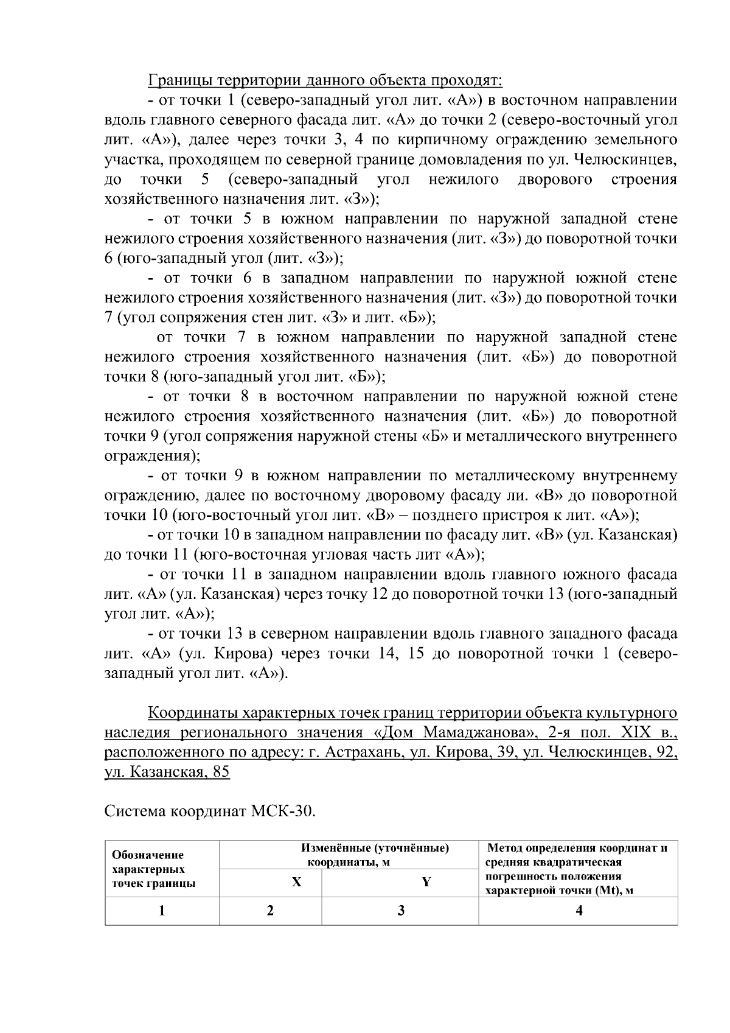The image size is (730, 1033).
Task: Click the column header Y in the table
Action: (426, 883)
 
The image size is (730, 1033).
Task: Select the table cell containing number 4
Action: (579, 911)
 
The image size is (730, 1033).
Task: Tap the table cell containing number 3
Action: (400, 911)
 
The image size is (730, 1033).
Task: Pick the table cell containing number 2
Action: (270, 911)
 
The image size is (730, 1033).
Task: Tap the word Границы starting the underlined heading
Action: (175, 80)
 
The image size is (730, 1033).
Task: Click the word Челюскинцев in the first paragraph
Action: (630, 159)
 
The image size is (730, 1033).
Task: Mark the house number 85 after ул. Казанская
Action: (218, 772)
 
